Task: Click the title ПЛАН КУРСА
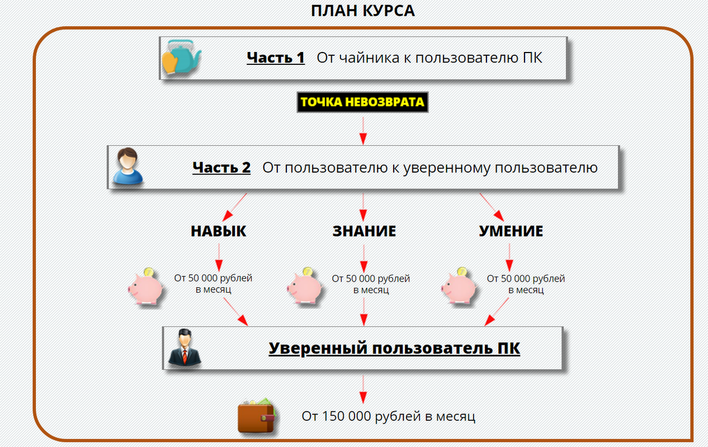tap(363, 11)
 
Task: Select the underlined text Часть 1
tap(276, 58)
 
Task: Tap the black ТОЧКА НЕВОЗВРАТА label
tap(362, 102)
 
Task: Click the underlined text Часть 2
tap(221, 168)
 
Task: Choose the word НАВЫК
tap(218, 231)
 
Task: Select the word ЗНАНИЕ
tap(364, 231)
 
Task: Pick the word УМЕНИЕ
tap(511, 231)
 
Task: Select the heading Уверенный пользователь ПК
tap(394, 348)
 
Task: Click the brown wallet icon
tap(257, 417)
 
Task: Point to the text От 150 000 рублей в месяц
tap(388, 416)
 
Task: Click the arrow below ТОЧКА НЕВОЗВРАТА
tap(363, 131)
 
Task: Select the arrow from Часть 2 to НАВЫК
tap(235, 207)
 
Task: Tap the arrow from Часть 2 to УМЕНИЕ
tap(491, 207)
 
